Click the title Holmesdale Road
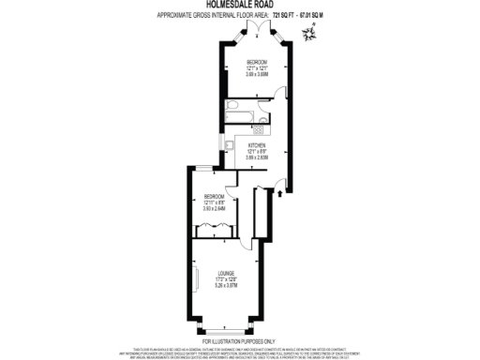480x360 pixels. tap(239, 5)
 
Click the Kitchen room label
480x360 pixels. tap(257, 146)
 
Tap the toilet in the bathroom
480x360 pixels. tap(231, 109)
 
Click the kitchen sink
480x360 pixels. tap(228, 143)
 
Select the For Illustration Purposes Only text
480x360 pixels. tap(239, 341)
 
